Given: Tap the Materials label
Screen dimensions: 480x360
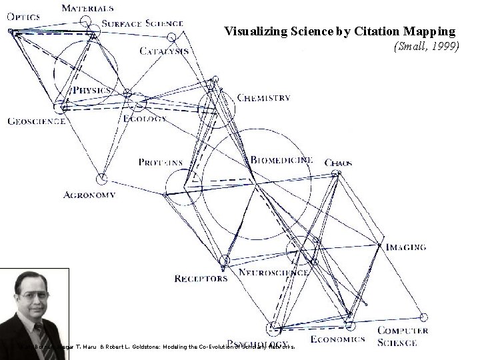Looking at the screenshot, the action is click(x=87, y=8).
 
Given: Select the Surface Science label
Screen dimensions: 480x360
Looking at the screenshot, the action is click(x=143, y=24).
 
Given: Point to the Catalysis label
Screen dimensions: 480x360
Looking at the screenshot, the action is click(x=164, y=51).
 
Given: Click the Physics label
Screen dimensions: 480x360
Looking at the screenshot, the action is click(x=92, y=90).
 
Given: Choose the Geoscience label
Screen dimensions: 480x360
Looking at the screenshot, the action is click(x=36, y=121).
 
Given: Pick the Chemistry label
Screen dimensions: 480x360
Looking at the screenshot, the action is click(x=264, y=97).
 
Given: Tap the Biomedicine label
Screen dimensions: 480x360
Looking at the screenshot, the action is click(x=281, y=160).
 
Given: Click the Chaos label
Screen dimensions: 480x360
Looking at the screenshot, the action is click(x=338, y=163).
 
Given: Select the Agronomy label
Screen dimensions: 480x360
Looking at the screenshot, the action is click(x=90, y=195).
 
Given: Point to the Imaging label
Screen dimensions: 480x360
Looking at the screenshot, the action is click(x=406, y=247).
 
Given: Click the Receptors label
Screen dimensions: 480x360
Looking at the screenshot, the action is click(x=201, y=279).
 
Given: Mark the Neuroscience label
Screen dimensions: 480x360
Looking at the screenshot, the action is click(x=273, y=273).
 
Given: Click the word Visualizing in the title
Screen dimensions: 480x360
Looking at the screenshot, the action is click(x=254, y=31).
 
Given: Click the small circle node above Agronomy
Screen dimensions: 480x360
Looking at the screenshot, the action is click(x=101, y=178).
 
